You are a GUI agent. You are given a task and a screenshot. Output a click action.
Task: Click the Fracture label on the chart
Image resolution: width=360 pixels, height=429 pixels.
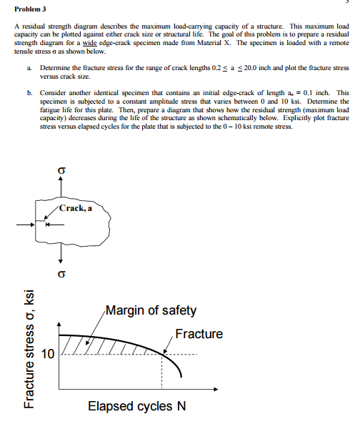pos(199,334)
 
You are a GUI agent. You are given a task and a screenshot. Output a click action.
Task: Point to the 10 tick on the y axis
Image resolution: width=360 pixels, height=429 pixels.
pos(48,354)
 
